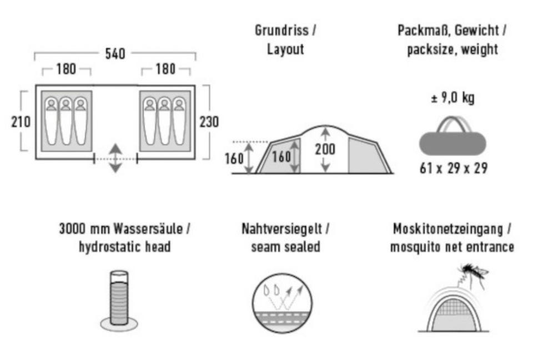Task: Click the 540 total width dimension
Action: click(115, 54)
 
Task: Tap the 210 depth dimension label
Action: click(21, 122)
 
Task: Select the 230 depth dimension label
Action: click(209, 122)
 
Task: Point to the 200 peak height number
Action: click(325, 149)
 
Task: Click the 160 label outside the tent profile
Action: click(234, 159)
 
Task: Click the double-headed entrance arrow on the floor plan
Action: click(115, 158)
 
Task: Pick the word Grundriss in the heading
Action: click(282, 30)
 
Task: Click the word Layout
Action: click(285, 49)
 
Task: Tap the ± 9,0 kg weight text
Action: click(453, 98)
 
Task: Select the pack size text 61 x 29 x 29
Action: click(454, 168)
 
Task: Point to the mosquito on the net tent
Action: click(473, 273)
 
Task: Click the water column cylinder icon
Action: click(119, 301)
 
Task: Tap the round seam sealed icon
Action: click(282, 303)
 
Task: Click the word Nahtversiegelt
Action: click(282, 229)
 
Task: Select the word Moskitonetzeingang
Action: click(448, 229)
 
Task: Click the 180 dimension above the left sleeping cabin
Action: click(66, 69)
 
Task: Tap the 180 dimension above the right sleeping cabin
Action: click(165, 69)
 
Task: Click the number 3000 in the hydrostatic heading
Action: click(72, 229)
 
